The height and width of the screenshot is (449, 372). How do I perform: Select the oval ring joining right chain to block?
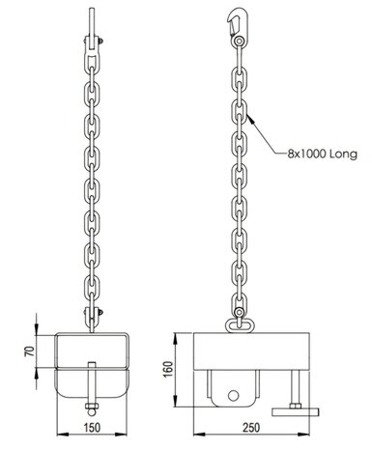tap(237, 324)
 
